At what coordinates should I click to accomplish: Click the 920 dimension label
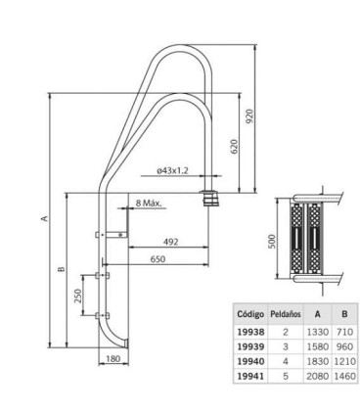[x=249, y=116]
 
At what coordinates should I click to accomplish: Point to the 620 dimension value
[x=234, y=147]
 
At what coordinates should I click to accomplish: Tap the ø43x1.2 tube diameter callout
[x=172, y=170]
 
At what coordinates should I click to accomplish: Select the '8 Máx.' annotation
[x=149, y=204]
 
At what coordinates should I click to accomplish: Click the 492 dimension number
[x=171, y=242]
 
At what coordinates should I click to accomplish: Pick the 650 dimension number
[x=157, y=259]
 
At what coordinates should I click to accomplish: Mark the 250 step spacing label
[x=78, y=296]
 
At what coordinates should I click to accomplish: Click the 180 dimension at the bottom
[x=113, y=359]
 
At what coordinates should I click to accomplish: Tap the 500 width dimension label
[x=273, y=242]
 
